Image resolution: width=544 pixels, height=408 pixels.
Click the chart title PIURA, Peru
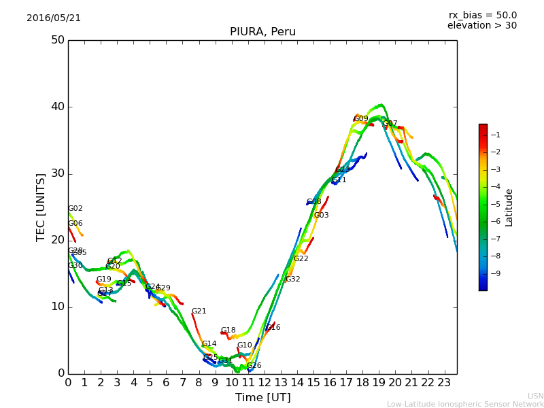(262, 32)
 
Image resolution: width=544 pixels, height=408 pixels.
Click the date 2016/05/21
(54, 18)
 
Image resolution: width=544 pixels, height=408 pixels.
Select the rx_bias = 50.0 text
(482, 15)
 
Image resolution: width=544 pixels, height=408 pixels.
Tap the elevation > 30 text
(481, 26)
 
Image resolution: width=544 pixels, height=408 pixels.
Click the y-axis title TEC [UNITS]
(41, 207)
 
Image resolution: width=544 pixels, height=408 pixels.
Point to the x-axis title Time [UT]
(262, 397)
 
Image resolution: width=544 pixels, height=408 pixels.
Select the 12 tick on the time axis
(265, 383)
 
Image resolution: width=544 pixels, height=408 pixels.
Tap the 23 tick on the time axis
(444, 383)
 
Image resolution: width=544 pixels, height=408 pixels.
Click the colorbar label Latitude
(509, 207)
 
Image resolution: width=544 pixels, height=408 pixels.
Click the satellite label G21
(199, 311)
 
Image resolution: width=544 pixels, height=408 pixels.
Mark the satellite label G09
(360, 119)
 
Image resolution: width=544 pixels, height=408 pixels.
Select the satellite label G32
(292, 279)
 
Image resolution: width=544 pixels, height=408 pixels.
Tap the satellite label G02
(75, 209)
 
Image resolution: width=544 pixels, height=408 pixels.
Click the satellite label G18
(228, 330)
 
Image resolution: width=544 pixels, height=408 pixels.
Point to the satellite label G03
(321, 216)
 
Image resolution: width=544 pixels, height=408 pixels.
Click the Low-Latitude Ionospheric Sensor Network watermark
(465, 404)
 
